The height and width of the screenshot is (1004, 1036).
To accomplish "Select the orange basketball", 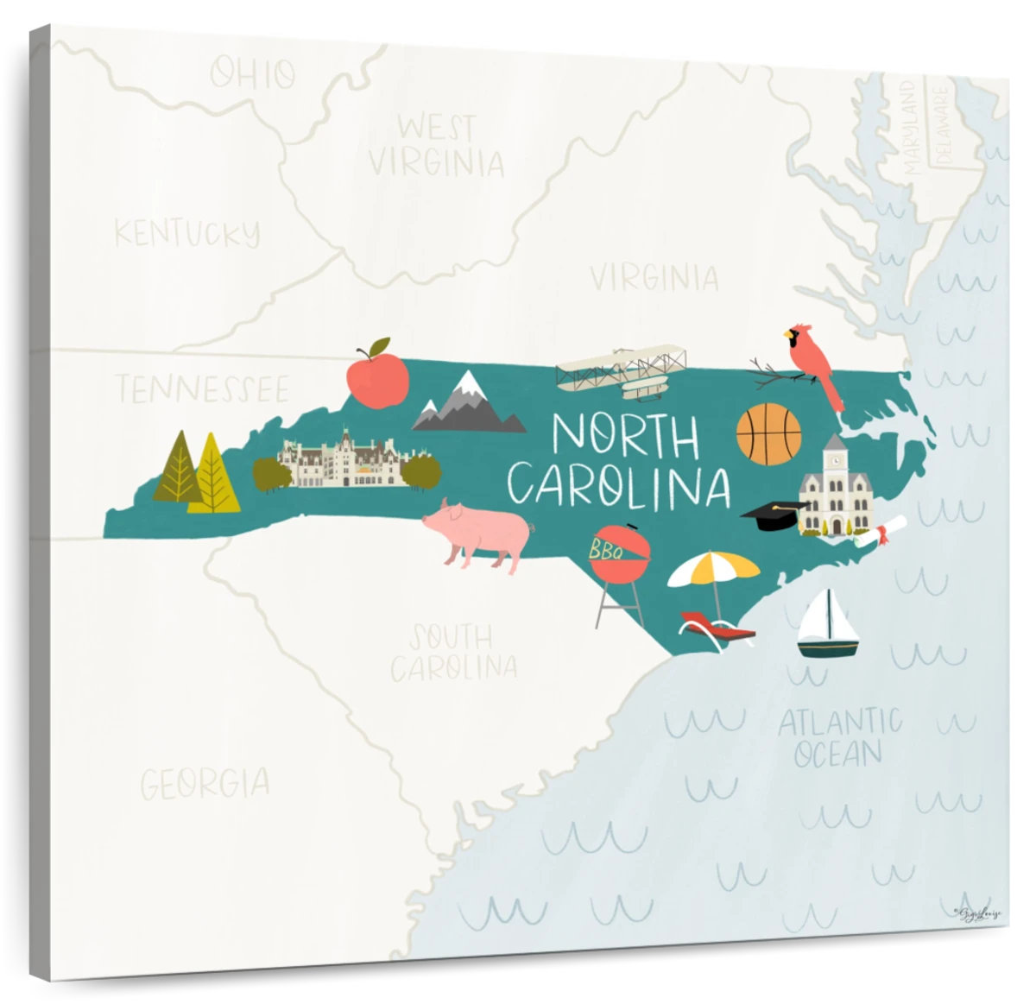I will (768, 434).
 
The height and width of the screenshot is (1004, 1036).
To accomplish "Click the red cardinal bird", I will (815, 363).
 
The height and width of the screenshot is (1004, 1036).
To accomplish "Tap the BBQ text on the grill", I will (606, 549).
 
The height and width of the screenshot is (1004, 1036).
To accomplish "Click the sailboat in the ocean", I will (827, 626).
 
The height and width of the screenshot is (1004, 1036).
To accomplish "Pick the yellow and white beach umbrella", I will (713, 568).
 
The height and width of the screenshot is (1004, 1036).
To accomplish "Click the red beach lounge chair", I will (717, 628).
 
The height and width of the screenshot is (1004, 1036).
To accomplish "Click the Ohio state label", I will (253, 74).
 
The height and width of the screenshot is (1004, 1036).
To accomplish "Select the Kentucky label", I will (187, 233).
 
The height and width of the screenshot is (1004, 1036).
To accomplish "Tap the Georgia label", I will (205, 784).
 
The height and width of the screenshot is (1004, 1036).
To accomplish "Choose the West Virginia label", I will (436, 145).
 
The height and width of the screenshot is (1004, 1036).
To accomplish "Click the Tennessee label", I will (203, 388).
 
